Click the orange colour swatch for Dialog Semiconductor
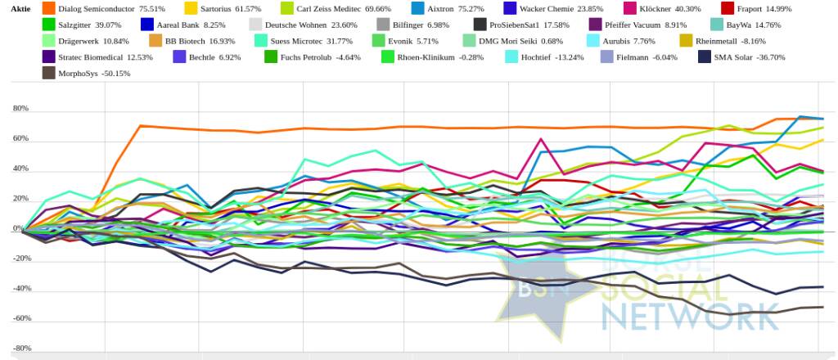click(48, 8)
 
